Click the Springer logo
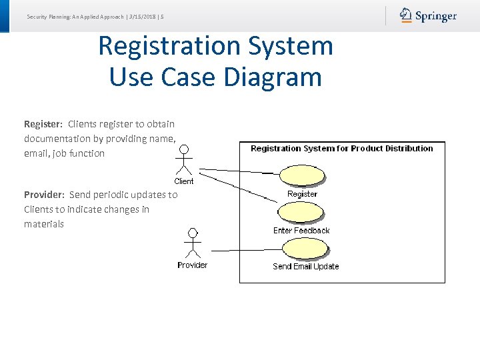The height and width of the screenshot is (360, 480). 428,15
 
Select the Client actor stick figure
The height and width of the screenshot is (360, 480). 184,160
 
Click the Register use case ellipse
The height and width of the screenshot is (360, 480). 303,175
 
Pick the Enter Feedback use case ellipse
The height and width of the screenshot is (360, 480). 301,212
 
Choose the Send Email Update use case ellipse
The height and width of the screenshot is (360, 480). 305,249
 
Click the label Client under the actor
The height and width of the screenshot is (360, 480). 184,181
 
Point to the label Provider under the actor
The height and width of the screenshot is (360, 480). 192,265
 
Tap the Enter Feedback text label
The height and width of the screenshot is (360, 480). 301,231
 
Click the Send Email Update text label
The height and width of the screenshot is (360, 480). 305,267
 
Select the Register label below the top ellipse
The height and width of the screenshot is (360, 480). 302,194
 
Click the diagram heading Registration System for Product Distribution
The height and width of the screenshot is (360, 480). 341,149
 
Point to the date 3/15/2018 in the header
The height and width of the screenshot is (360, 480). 143,16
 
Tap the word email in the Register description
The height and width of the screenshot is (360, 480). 36,153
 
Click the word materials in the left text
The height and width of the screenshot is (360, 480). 44,224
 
